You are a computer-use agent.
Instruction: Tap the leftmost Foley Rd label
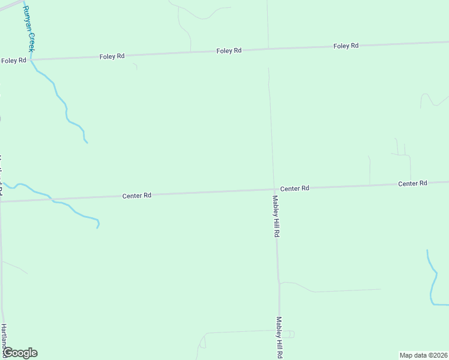13,61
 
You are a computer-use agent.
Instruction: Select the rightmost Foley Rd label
346,46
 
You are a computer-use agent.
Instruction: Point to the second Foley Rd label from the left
112,56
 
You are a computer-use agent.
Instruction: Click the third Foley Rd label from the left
229,51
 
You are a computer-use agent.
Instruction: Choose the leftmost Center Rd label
136,196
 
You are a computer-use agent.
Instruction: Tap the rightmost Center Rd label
412,183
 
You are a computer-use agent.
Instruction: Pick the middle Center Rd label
294,188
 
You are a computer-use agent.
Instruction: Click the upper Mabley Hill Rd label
276,217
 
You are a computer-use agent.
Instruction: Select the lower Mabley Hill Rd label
279,337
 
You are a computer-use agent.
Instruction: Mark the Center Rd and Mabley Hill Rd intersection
274,190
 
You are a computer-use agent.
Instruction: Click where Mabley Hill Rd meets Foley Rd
268,49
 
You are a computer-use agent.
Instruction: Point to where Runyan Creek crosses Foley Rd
31,59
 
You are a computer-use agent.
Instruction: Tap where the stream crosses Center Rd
51,199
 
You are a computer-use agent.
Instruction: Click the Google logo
20,353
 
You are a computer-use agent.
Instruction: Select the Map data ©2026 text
423,355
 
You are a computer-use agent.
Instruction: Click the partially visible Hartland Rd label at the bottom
4,338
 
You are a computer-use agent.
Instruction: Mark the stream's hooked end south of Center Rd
98,224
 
